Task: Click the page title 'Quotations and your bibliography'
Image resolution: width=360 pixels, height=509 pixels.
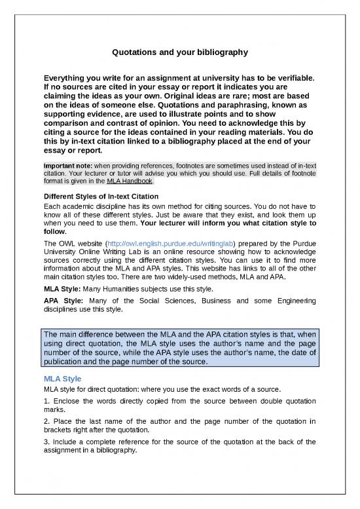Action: pyautogui.click(x=180, y=51)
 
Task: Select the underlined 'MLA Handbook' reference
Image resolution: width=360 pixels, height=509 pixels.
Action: pyautogui.click(x=130, y=181)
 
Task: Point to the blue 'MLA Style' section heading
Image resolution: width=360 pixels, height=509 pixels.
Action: pyautogui.click(x=63, y=379)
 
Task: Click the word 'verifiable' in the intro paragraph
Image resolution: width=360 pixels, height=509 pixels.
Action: pyautogui.click(x=293, y=79)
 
